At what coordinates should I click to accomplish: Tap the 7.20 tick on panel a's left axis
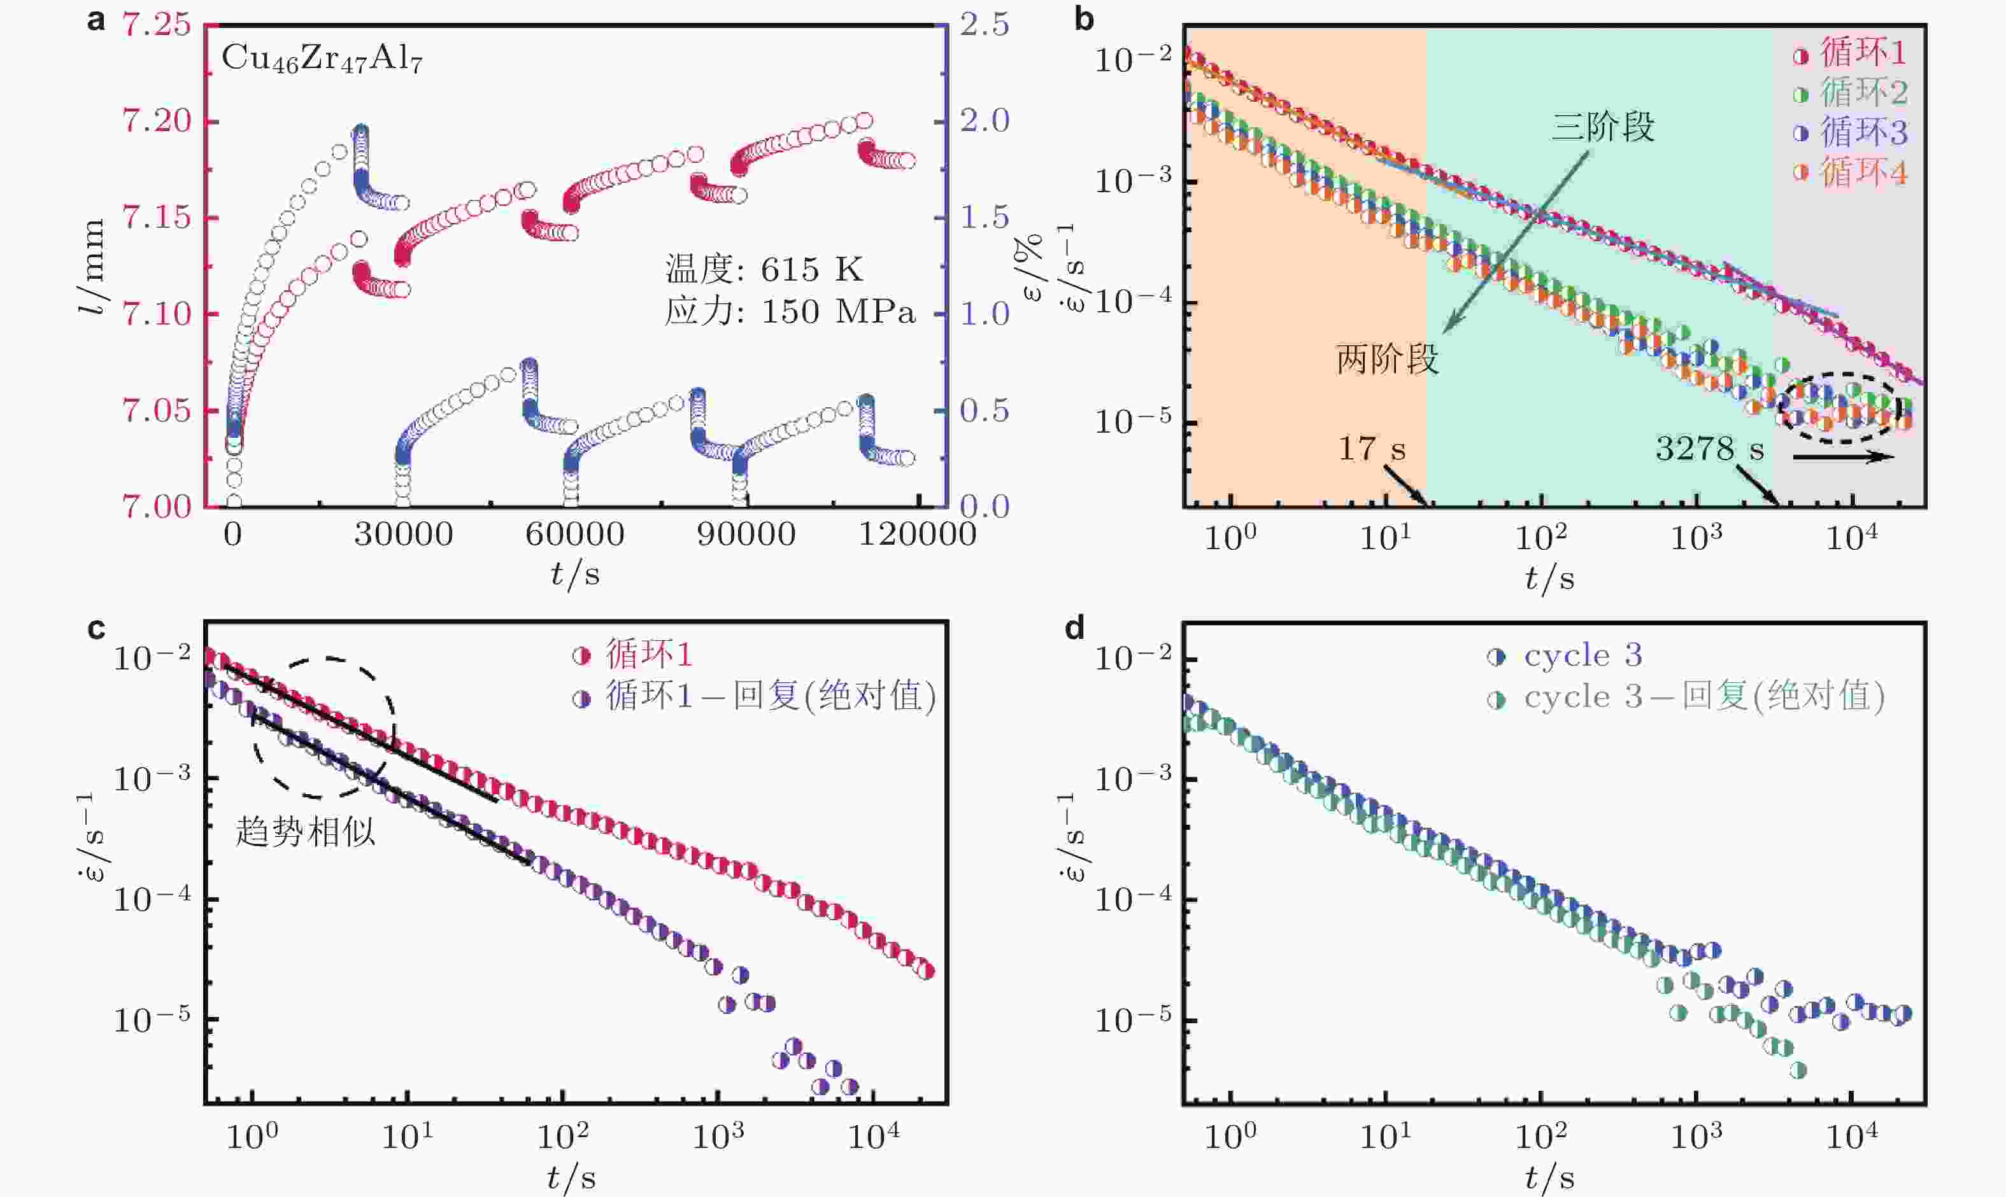click(x=157, y=121)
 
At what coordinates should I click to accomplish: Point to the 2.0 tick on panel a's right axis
click(x=985, y=121)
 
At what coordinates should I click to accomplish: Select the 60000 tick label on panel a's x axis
click(x=574, y=535)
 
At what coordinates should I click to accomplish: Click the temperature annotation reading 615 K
click(x=764, y=269)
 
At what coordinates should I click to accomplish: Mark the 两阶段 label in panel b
click(x=1387, y=359)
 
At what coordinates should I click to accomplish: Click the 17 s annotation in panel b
click(x=1371, y=449)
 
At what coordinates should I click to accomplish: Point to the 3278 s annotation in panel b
click(x=1709, y=449)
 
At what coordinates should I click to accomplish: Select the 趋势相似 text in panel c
click(x=305, y=832)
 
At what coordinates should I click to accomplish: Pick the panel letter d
click(x=1074, y=627)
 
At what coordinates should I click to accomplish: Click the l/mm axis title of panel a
click(x=94, y=266)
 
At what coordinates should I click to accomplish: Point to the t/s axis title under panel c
click(x=571, y=1178)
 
